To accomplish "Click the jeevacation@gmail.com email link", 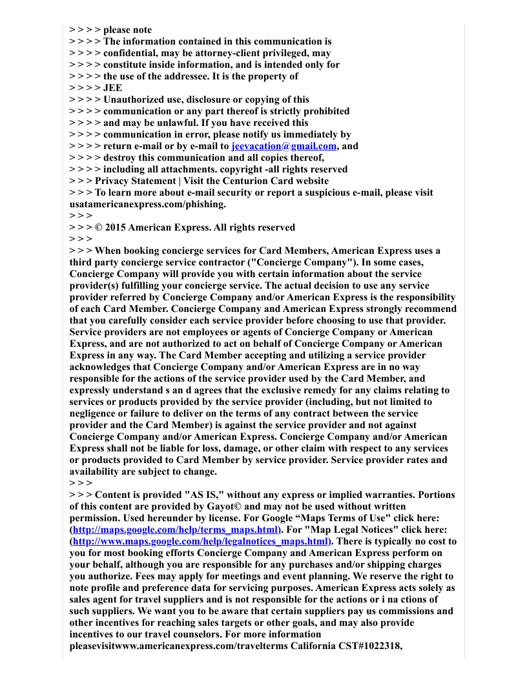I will (x=284, y=147).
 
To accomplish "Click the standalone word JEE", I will (x=112, y=88).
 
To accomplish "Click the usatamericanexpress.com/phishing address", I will (x=147, y=205).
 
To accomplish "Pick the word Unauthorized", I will (x=136, y=100).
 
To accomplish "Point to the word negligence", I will (x=96, y=414).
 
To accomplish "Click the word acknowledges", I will (x=100, y=367).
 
